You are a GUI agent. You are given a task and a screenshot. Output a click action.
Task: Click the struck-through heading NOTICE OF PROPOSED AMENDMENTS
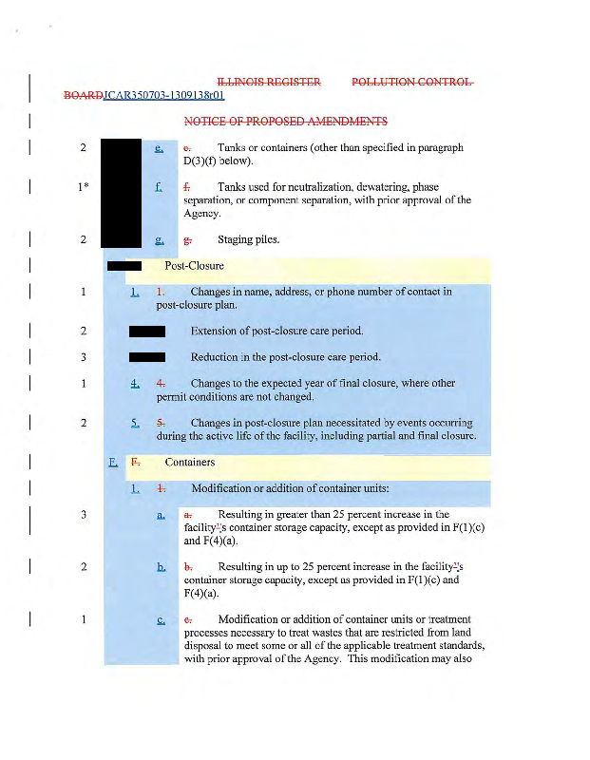click(286, 122)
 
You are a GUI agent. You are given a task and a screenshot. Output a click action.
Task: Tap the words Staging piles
click(249, 239)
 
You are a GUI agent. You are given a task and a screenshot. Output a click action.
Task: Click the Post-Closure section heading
click(195, 266)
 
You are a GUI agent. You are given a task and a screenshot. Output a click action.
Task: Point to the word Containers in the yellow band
click(190, 463)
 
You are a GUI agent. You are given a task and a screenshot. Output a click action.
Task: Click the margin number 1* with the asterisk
click(84, 187)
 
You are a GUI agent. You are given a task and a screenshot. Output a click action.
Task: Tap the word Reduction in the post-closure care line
click(219, 357)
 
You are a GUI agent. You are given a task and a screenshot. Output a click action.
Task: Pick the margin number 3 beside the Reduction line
click(84, 357)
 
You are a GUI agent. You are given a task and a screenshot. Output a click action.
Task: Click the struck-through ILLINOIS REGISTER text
click(269, 82)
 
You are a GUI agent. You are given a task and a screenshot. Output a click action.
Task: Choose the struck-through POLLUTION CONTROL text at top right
click(411, 82)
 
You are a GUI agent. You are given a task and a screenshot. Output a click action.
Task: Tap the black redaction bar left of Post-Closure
click(124, 266)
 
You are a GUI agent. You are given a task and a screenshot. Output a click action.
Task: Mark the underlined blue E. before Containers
click(113, 463)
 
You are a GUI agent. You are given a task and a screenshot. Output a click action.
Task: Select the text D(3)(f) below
click(216, 161)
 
